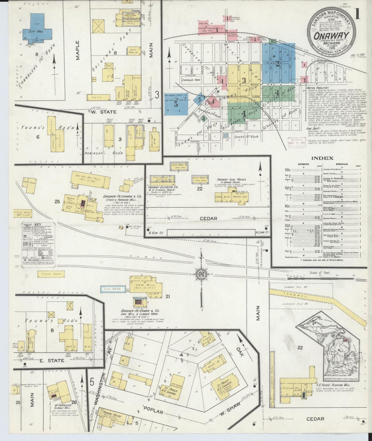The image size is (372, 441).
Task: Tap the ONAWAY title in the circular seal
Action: (331, 36)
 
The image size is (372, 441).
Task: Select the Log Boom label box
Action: (113, 289)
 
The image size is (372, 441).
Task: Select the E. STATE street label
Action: (52, 360)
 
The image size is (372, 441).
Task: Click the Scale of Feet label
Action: (320, 273)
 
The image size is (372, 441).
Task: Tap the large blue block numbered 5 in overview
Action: (176, 104)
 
